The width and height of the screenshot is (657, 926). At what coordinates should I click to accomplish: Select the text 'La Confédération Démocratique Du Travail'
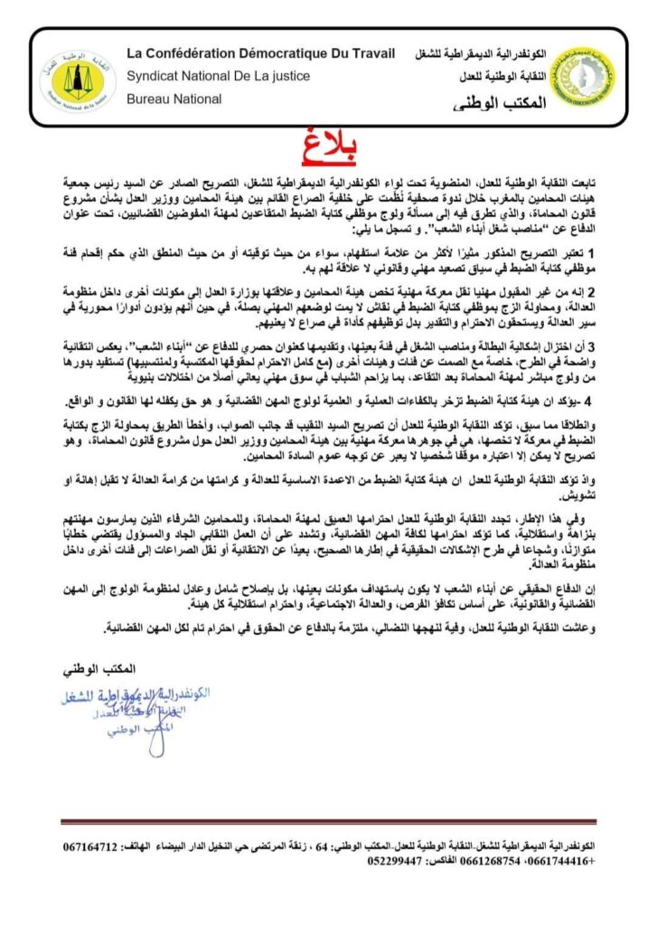(260, 54)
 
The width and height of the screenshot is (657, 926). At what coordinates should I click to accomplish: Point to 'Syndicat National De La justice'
(218, 76)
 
